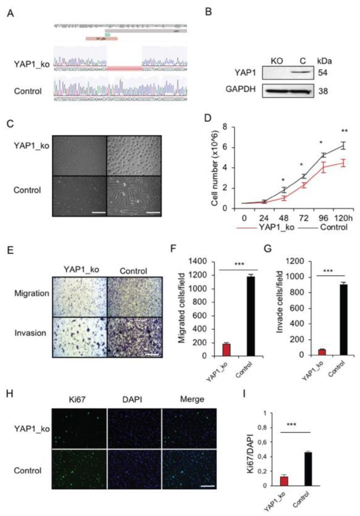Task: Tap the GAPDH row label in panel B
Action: [x=244, y=90]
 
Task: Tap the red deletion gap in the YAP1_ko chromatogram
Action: [x=124, y=68]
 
